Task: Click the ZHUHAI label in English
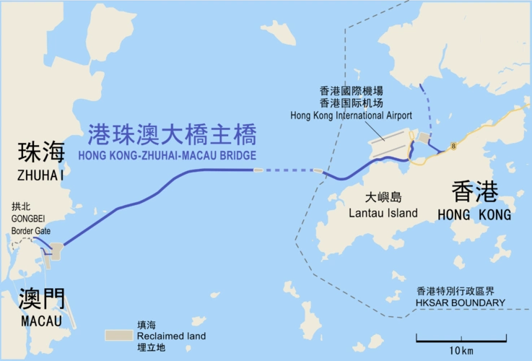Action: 42,175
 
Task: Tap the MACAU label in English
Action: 41,321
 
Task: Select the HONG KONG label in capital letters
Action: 474,215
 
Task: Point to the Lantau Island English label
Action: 383,212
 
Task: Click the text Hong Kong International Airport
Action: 351,116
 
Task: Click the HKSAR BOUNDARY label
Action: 461,303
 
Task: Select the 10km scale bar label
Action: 460,350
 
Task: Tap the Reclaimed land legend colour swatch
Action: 118,336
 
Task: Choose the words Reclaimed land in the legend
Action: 171,336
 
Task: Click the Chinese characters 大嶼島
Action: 383,196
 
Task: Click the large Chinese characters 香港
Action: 474,192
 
